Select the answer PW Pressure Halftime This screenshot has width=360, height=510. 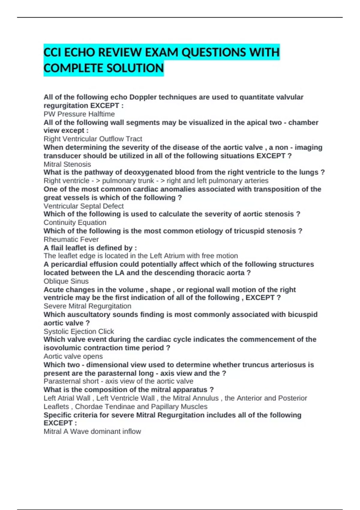[79, 114]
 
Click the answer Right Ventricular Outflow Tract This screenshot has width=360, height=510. [93, 139]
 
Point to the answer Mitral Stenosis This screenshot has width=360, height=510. [67, 164]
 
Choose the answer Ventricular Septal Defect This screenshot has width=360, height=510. [83, 206]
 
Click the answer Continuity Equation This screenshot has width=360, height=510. [75, 222]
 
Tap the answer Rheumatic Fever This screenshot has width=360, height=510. [71, 239]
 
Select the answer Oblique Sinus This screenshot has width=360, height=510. [66, 281]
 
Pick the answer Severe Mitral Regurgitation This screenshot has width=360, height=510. [87, 306]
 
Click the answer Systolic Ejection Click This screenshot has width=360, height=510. [79, 331]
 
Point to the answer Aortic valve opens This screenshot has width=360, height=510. [73, 356]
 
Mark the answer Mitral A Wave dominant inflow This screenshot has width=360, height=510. [92, 431]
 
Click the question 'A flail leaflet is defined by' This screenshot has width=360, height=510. [90, 248]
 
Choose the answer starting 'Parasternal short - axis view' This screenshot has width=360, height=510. [118, 381]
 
